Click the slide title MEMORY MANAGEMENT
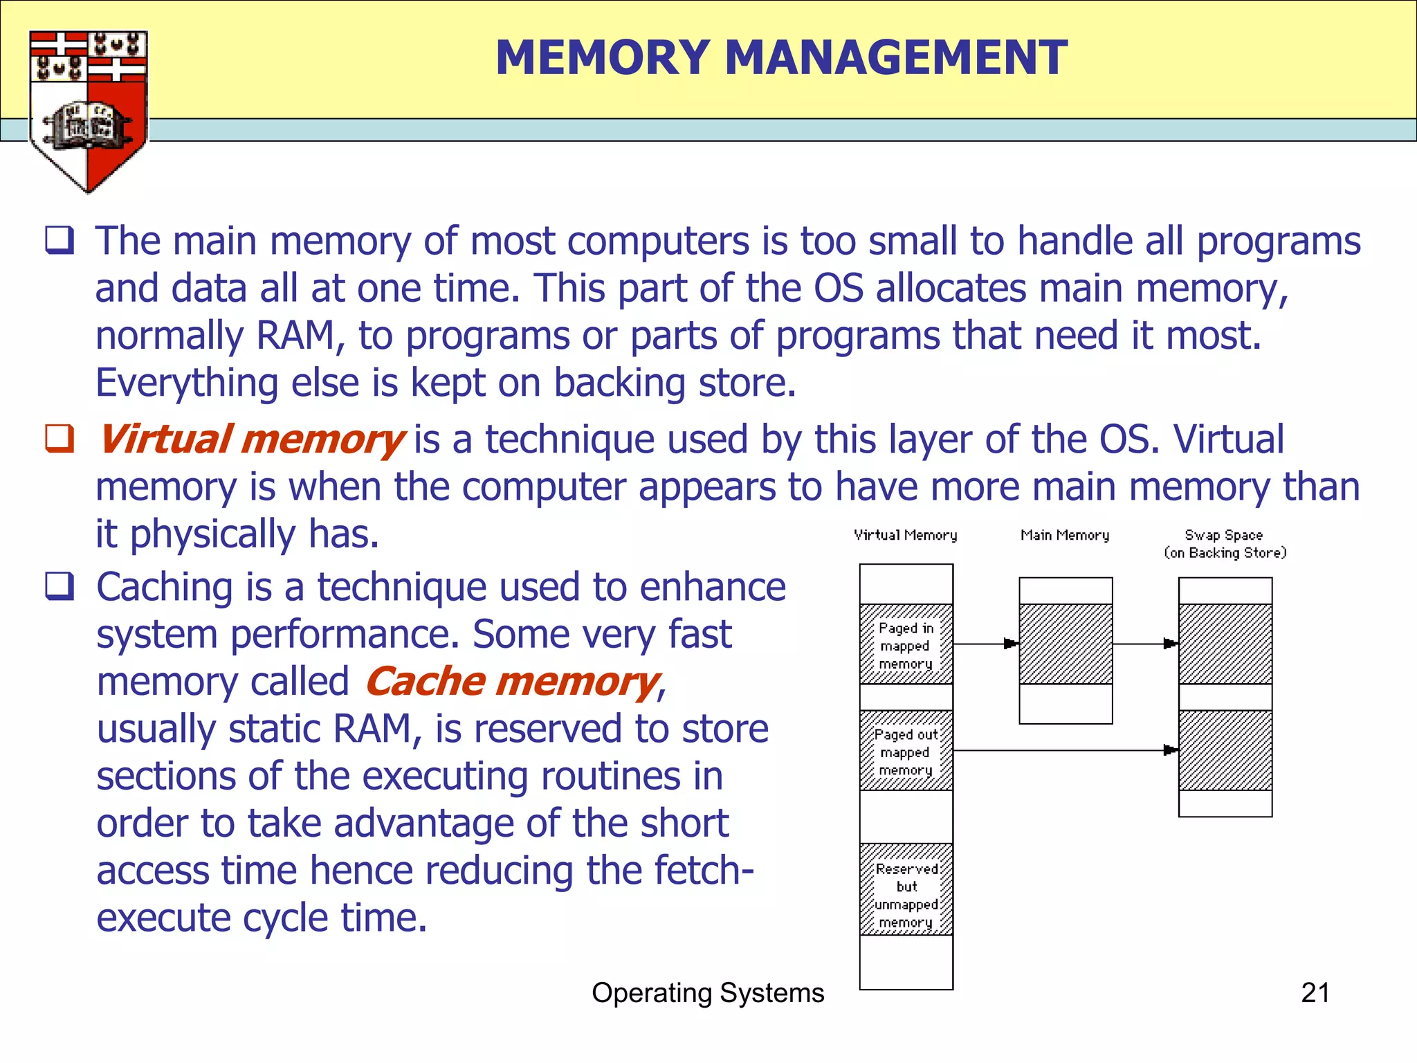coord(781,57)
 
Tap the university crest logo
coord(88,111)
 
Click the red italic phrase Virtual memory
coord(251,440)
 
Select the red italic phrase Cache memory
coord(513,682)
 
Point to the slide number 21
coord(1315,993)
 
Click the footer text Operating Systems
coord(708,993)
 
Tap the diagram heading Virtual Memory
coord(905,535)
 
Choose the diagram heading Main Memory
coord(1065,535)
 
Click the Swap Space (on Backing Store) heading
coord(1225,544)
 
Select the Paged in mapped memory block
coord(906,644)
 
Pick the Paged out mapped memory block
coord(906,751)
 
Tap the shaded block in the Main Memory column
coord(1066,644)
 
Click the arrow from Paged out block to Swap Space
coord(1066,750)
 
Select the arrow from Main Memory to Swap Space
coord(1145,644)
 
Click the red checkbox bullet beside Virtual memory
coord(60,439)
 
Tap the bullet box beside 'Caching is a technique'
coord(60,586)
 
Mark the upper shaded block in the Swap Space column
coord(1225,644)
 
